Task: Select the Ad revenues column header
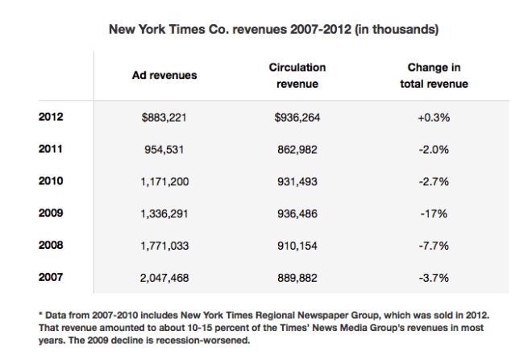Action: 164,75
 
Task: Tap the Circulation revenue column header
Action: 297,75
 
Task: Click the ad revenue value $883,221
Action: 165,118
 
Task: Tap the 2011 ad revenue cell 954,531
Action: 165,150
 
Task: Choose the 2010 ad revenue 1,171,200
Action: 165,182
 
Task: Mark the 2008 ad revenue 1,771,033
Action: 165,246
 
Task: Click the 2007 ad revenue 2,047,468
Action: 165,278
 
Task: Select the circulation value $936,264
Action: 297,118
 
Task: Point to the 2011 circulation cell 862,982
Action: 297,150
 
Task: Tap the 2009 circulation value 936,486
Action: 297,214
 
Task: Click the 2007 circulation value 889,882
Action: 297,278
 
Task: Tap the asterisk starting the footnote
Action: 40,313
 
